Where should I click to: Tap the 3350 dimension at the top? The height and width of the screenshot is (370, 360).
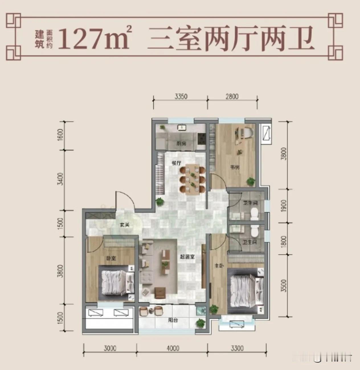tap(181, 96)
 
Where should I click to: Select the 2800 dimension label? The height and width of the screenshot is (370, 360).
tap(232, 96)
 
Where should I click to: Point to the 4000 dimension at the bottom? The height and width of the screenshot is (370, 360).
tap(173, 348)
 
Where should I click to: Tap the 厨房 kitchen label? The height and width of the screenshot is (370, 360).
tap(181, 144)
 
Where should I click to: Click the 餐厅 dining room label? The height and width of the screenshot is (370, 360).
tap(176, 163)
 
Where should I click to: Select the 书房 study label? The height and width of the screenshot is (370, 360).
tap(235, 168)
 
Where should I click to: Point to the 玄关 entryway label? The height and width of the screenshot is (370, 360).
tap(124, 225)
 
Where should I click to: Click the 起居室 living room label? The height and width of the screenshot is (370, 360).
tap(187, 257)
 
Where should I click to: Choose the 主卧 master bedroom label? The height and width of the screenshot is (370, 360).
tap(219, 266)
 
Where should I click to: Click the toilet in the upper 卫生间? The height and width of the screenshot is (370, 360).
tap(254, 214)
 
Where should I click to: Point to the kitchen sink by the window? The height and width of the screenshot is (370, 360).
tap(181, 127)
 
